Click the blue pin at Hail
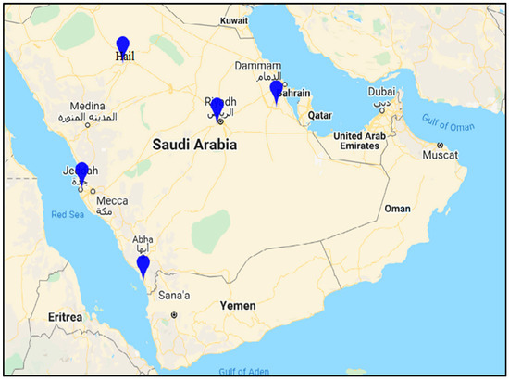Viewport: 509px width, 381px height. click(123, 45)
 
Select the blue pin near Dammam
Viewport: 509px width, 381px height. click(276, 90)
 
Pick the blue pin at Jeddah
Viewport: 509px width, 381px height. click(81, 171)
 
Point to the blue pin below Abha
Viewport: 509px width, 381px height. click(143, 266)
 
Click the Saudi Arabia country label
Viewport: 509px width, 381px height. click(194, 146)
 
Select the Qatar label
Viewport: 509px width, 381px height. click(320, 116)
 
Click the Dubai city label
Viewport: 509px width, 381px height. click(380, 92)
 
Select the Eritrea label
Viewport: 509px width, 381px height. click(64, 317)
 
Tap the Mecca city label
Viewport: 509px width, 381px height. click(113, 199)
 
